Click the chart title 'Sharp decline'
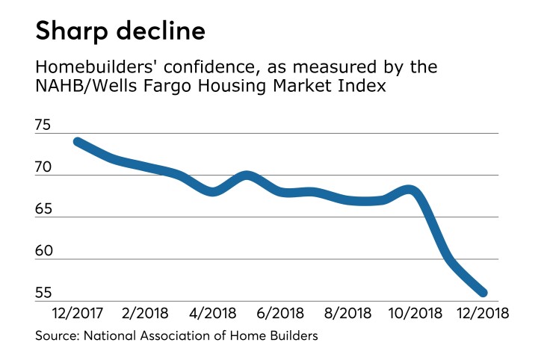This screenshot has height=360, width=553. click(120, 32)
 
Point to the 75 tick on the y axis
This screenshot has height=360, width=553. click(45, 126)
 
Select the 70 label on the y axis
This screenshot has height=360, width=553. click(45, 169)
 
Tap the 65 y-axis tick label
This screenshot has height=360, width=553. click(45, 210)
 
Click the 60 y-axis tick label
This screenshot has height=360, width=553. click(45, 252)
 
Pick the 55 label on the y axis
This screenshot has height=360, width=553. click(45, 294)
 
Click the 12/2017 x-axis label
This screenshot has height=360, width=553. click(77, 312)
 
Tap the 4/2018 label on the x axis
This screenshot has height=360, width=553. click(210, 312)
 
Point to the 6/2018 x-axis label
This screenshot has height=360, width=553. click(278, 312)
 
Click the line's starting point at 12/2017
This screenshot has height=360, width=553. click(77, 142)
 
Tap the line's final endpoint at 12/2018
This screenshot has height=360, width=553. click(483, 292)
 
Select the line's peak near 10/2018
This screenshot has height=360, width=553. click(410, 190)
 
